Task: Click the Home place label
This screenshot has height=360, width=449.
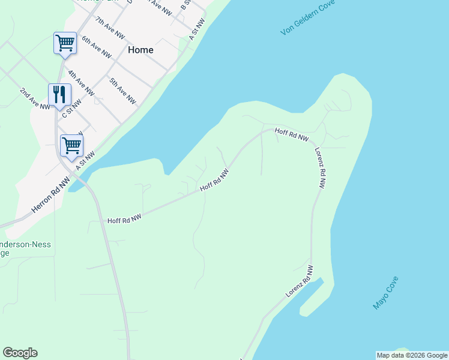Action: click(140, 50)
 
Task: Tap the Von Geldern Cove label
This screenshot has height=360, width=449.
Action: click(307, 22)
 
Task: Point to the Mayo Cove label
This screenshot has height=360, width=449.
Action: click(385, 292)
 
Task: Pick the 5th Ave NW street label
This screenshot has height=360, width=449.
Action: click(122, 91)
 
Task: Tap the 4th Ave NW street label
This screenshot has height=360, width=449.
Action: click(80, 83)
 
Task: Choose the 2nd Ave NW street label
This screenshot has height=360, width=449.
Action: click(35, 99)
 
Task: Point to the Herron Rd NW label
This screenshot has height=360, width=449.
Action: click(50, 193)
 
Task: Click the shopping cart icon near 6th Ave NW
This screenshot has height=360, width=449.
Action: click(65, 43)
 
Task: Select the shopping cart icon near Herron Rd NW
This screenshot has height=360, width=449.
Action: click(71, 145)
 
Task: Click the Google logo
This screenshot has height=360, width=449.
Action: click(20, 353)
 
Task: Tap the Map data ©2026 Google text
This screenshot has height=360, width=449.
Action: click(412, 355)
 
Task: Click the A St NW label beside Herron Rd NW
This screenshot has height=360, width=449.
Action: click(86, 160)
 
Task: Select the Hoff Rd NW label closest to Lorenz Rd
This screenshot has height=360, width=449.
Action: click(292, 134)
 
